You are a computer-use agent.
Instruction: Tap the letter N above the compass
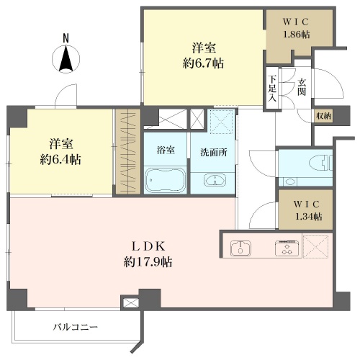point(66,39)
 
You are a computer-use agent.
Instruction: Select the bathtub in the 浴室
point(166,179)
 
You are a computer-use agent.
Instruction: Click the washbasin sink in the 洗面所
point(215,180)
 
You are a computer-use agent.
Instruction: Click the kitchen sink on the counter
point(240,248)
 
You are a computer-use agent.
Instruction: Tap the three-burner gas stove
point(287,248)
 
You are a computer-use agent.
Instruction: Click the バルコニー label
point(76,327)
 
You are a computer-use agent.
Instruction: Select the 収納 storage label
point(324,116)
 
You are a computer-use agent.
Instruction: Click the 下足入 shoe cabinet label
point(272,89)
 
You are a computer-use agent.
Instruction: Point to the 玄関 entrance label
point(302,87)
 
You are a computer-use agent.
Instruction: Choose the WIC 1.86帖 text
point(296,28)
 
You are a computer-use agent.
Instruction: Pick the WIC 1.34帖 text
point(307,210)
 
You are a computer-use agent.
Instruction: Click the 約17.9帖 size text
point(148,262)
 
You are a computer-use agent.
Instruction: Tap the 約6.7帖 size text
point(203,63)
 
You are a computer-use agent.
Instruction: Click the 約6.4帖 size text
point(60,160)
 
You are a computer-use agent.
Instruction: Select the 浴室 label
point(166,150)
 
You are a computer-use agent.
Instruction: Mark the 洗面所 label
point(214,153)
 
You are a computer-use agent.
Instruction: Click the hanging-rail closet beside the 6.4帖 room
point(128,151)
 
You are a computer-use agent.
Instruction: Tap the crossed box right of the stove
point(315,247)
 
